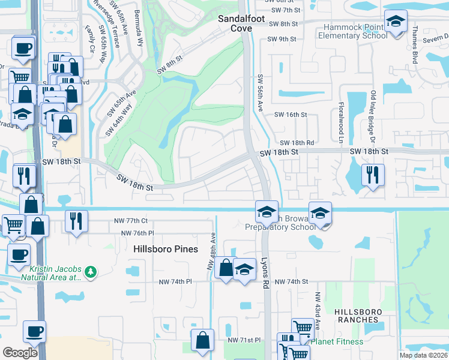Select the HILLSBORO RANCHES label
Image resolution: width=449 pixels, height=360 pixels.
click(x=357, y=316)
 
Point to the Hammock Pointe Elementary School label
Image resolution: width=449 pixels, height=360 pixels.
click(x=355, y=31)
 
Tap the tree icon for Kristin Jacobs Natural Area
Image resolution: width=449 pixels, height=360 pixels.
click(x=91, y=272)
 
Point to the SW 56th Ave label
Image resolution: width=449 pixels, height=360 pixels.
click(x=261, y=92)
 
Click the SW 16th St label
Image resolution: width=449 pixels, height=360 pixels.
click(x=291, y=114)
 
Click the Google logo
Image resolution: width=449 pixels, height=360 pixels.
click(x=20, y=352)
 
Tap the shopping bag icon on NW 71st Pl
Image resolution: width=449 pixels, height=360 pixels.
click(x=202, y=339)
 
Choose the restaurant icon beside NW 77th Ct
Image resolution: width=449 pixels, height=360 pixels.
click(x=76, y=220)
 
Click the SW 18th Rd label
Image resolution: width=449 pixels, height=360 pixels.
click(x=297, y=143)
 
